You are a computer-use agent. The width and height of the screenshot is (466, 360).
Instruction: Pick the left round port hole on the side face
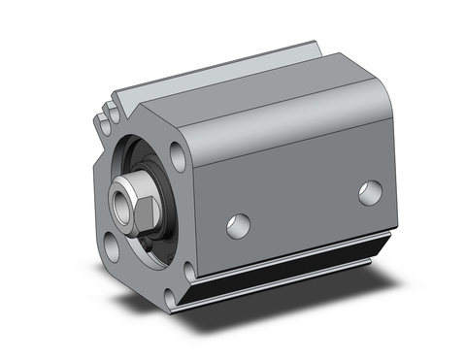(x=238, y=225)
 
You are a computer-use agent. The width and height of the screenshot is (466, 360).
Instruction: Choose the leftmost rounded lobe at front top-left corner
(x=101, y=125)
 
